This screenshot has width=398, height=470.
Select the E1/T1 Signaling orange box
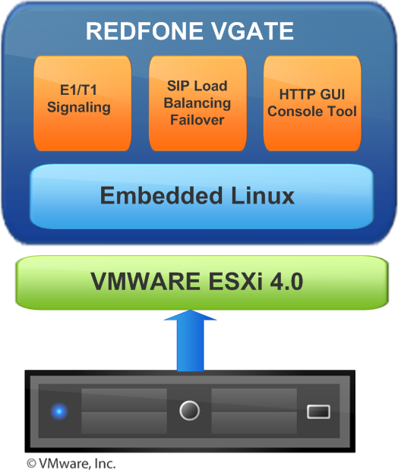point(83,103)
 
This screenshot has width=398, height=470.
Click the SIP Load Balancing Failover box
point(197,103)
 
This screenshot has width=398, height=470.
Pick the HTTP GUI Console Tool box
point(312,103)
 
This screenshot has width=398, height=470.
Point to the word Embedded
point(161,195)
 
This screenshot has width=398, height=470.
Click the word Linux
point(263,195)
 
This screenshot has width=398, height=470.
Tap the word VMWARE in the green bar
point(146,281)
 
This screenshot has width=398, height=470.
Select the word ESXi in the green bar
point(235,281)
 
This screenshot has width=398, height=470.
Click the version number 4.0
point(286,281)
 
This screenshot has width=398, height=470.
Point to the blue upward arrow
point(190,340)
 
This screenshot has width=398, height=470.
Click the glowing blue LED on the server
point(59,411)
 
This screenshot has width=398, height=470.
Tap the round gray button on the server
point(189,410)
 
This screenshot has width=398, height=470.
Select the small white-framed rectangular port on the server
point(318,412)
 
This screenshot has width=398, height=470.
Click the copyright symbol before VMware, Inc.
point(31,463)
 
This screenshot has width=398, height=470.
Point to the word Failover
point(197,120)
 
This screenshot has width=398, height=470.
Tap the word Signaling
point(79,108)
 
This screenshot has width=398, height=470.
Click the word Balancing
point(197,104)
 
